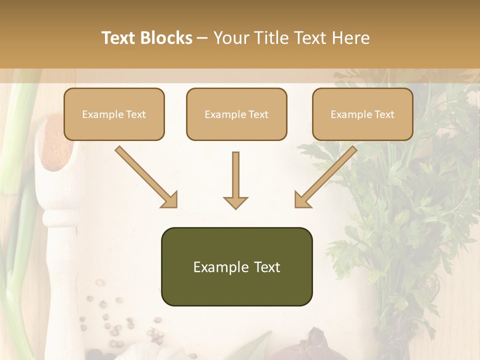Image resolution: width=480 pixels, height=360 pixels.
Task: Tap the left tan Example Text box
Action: click(x=114, y=114)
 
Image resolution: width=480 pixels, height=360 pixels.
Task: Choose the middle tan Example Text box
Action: click(x=236, y=114)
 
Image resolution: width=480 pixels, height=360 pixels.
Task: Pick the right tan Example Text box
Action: click(x=362, y=114)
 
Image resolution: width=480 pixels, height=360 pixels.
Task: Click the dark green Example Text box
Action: click(x=236, y=266)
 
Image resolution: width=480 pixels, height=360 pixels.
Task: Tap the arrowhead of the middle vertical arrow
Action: click(x=235, y=202)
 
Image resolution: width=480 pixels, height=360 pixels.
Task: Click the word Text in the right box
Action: click(x=384, y=114)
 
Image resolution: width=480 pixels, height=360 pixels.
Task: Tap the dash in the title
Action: click(x=203, y=38)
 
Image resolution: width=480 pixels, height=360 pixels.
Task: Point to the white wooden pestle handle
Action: click(x=60, y=250)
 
